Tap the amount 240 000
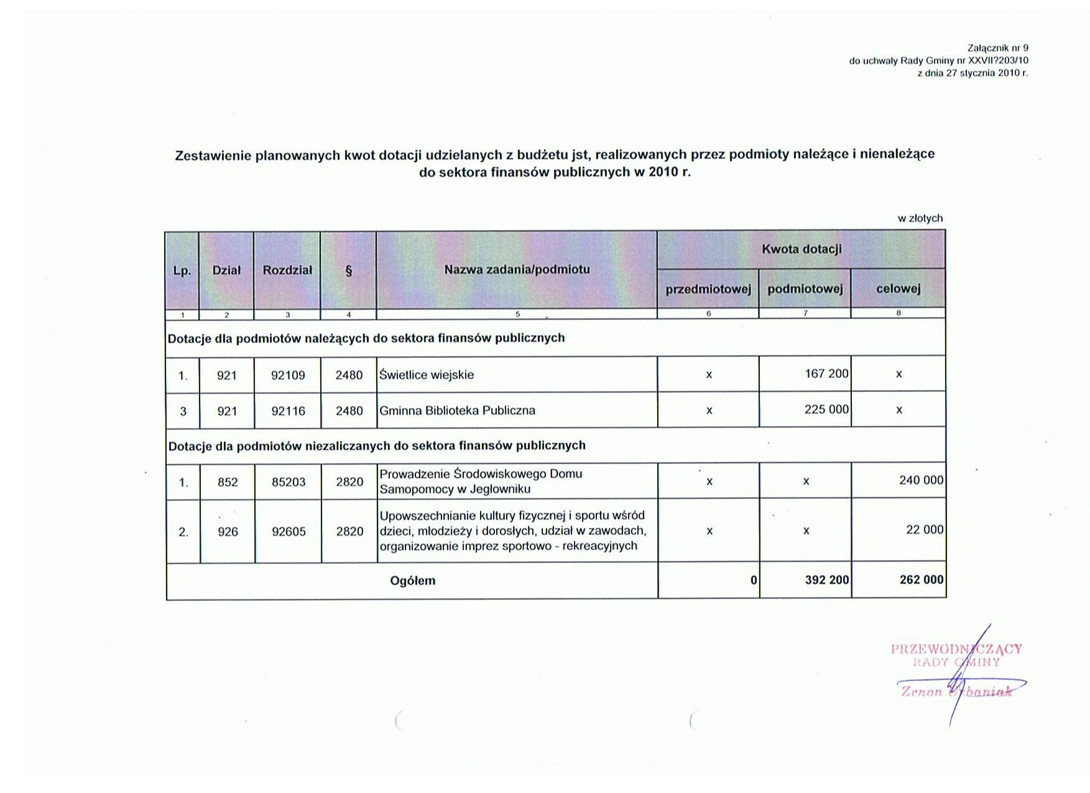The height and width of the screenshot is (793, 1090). (x=921, y=480)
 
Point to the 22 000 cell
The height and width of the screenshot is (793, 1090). (x=925, y=530)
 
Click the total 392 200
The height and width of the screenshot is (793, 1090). (x=826, y=580)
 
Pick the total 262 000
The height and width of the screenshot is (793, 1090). (x=921, y=580)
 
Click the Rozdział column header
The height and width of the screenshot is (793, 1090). (x=287, y=271)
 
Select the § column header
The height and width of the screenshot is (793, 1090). (x=348, y=271)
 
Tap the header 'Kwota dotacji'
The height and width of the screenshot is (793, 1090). (x=801, y=249)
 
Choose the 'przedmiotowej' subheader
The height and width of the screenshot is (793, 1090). (x=708, y=289)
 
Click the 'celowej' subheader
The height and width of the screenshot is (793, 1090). (x=898, y=289)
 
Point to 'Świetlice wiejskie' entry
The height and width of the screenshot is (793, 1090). (x=427, y=375)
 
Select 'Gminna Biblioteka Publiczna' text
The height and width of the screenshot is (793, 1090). (x=457, y=410)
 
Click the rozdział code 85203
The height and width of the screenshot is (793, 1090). (x=289, y=482)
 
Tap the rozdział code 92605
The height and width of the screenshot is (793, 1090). (x=289, y=532)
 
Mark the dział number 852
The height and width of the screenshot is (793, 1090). (x=228, y=482)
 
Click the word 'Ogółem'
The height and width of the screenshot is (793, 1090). (x=412, y=581)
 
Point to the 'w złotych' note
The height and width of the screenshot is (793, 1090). (x=920, y=218)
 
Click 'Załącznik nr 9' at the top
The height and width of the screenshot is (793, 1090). (x=997, y=48)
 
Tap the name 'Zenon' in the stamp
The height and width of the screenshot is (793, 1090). (x=921, y=692)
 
